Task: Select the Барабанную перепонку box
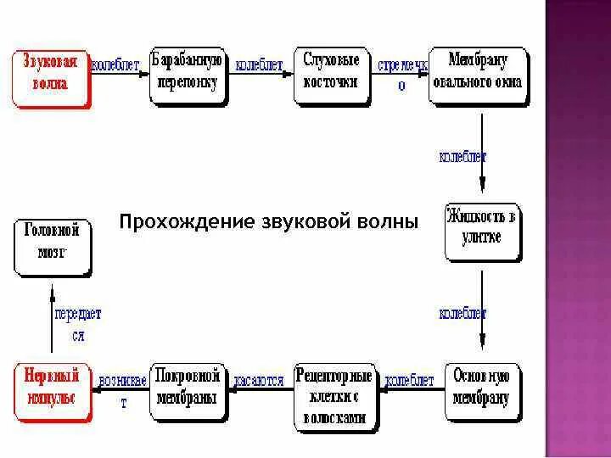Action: click(x=188, y=75)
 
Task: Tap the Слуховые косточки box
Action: click(x=332, y=75)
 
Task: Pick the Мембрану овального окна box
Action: click(x=479, y=75)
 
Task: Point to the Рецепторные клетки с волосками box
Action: click(x=334, y=392)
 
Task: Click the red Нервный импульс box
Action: click(x=52, y=389)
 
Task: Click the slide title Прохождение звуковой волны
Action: click(x=268, y=222)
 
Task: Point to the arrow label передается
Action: click(x=77, y=324)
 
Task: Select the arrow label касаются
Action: click(x=258, y=381)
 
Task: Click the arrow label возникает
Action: click(x=123, y=390)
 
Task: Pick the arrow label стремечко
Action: click(x=401, y=72)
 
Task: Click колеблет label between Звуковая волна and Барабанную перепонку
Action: click(x=115, y=64)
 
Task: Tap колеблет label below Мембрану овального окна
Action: click(x=462, y=156)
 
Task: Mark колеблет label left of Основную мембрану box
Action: click(x=410, y=381)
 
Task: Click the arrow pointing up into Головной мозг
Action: click(x=51, y=318)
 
